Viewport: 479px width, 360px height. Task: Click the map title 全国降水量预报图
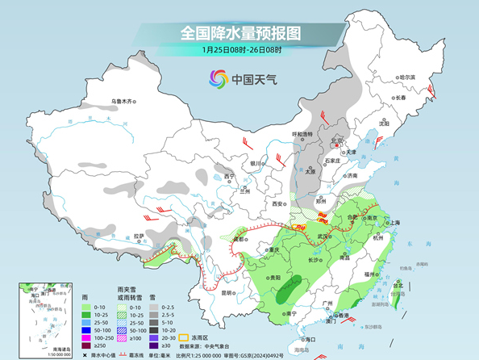tap(240, 33)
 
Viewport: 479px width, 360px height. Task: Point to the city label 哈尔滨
tap(413, 77)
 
